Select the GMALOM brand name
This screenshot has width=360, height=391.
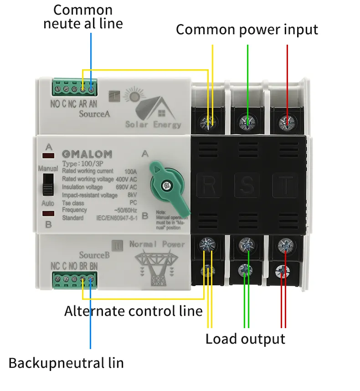pos(87,154)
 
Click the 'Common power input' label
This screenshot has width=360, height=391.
pos(247,30)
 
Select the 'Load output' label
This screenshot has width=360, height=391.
pos(245,339)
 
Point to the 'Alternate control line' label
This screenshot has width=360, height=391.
pos(133,311)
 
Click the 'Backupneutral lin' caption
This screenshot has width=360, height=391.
pos(66,363)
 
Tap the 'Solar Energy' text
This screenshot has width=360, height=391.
pos(153,124)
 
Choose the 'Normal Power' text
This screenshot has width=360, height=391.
pos(157,244)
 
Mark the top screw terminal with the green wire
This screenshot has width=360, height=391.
pos(247,122)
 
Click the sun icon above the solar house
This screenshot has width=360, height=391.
pos(134,97)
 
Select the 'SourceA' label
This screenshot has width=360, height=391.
pos(94,114)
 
